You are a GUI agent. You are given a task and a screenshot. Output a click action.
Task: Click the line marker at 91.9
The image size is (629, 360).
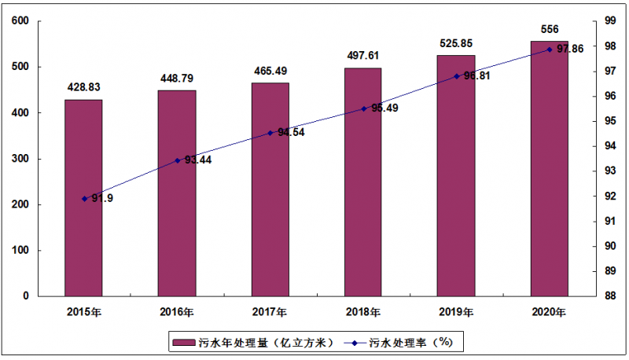point(84,199)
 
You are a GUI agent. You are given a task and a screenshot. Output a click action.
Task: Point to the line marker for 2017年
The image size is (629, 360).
point(270,133)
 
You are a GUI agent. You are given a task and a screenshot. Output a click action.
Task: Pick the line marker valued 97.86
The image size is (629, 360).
point(549,50)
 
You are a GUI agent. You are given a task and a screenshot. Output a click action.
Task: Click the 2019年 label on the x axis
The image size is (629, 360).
point(456,312)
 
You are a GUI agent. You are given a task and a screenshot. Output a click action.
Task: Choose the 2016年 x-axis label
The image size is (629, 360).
point(176,312)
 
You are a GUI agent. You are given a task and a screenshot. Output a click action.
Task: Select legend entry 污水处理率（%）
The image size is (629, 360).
point(409,343)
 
